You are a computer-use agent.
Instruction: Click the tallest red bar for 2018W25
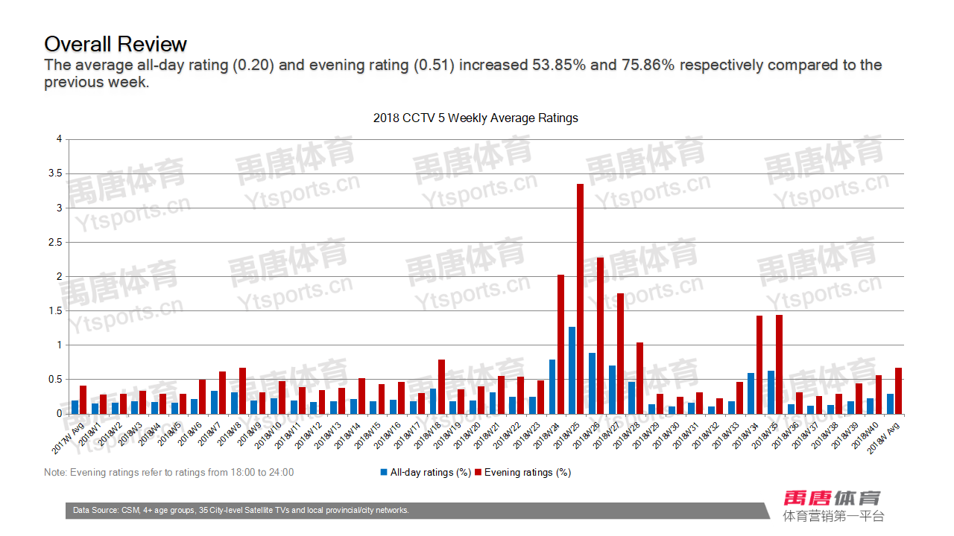pyautogui.click(x=580, y=298)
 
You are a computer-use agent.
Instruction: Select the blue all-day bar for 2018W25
pyautogui.click(x=572, y=370)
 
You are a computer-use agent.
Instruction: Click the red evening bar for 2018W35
pyautogui.click(x=779, y=364)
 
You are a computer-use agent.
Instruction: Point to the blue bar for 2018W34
pyautogui.click(x=751, y=393)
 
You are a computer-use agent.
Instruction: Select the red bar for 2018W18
pyautogui.click(x=441, y=386)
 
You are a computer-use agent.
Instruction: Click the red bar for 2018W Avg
pyautogui.click(x=898, y=391)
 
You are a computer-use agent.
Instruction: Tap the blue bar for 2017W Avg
pyautogui.click(x=75, y=407)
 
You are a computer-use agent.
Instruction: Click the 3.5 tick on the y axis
pyautogui.click(x=55, y=173)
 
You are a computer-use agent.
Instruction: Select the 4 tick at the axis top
pyautogui.click(x=59, y=139)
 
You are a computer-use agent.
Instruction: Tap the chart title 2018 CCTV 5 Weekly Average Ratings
pyautogui.click(x=476, y=118)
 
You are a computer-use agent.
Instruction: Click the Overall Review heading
pyautogui.click(x=116, y=43)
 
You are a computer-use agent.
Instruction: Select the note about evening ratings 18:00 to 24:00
pyautogui.click(x=168, y=473)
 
